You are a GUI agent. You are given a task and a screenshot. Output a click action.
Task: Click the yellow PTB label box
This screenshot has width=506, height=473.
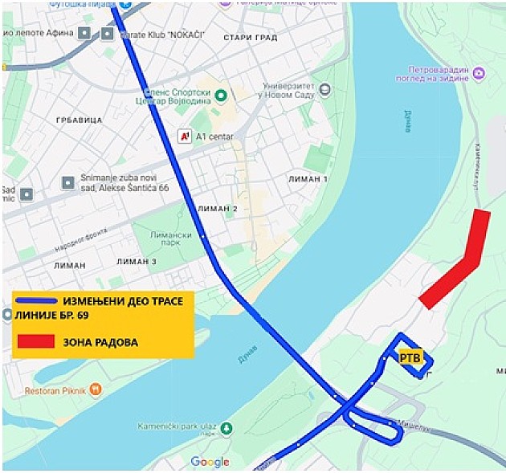(x=410, y=358)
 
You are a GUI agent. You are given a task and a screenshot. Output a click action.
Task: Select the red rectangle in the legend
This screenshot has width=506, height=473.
(x=36, y=341)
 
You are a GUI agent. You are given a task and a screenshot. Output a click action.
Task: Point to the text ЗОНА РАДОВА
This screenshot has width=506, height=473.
(x=100, y=342)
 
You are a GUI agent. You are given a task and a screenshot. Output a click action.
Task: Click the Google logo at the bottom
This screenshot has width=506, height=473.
(x=210, y=462)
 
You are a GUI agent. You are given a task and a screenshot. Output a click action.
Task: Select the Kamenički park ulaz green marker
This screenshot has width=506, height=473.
(x=226, y=426)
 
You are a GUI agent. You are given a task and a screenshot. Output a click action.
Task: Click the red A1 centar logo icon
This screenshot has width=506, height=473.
(x=185, y=137)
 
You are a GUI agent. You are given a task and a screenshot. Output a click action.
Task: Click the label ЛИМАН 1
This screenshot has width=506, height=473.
(x=308, y=178)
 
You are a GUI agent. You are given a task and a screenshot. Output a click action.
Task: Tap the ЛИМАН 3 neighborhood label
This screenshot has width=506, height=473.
(x=137, y=262)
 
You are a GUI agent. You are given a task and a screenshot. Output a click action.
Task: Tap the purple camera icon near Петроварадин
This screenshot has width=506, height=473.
(x=479, y=74)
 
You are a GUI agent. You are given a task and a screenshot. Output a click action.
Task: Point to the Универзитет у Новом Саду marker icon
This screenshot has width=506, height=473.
(x=324, y=89)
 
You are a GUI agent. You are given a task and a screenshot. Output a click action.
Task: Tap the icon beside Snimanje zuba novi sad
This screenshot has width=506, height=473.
(x=67, y=181)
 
